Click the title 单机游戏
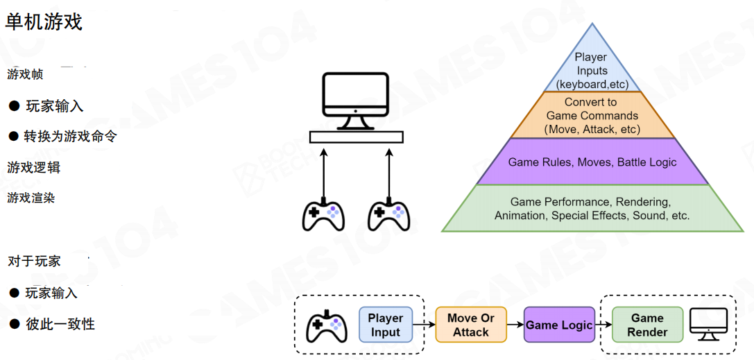pyautogui.click(x=44, y=22)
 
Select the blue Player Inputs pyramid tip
pyautogui.click(x=591, y=69)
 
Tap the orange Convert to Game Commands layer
pyautogui.click(x=592, y=116)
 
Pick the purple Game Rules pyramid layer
pyautogui.click(x=592, y=162)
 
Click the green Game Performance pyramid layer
pyautogui.click(x=592, y=209)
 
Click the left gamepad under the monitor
pyautogui.click(x=323, y=216)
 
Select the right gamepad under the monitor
pyautogui.click(x=388, y=216)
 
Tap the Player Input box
pyautogui.click(x=385, y=325)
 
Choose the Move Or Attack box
pyautogui.click(x=471, y=325)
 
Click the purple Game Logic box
pyautogui.click(x=559, y=325)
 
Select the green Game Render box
pyautogui.click(x=646, y=325)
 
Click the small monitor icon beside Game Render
pyautogui.click(x=708, y=324)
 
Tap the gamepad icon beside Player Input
pyautogui.click(x=327, y=325)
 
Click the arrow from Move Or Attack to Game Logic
pyautogui.click(x=515, y=325)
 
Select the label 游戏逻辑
pyautogui.click(x=34, y=167)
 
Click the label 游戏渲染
pyautogui.click(x=31, y=198)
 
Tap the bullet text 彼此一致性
pyautogui.click(x=60, y=324)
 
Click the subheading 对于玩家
pyautogui.click(x=34, y=262)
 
